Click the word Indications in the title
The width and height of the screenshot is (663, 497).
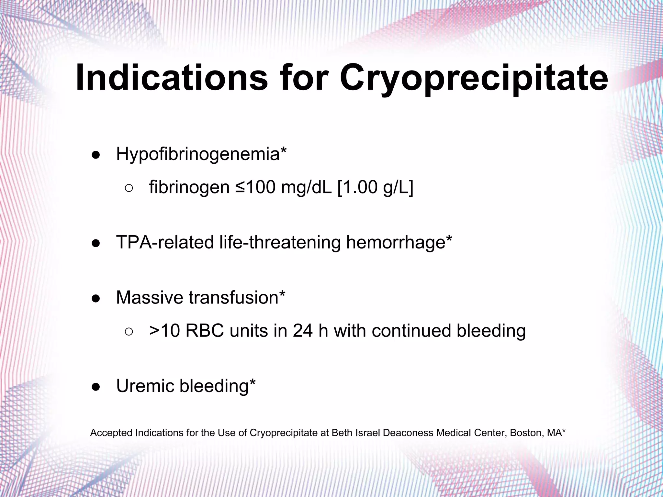[172, 78]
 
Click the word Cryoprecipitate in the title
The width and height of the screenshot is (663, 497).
[474, 78]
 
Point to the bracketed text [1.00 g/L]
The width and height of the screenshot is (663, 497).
[376, 187]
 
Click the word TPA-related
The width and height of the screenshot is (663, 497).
[165, 242]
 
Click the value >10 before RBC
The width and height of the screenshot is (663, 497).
[164, 331]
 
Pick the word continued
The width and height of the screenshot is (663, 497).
[411, 331]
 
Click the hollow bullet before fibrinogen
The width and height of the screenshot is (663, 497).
[129, 188]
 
